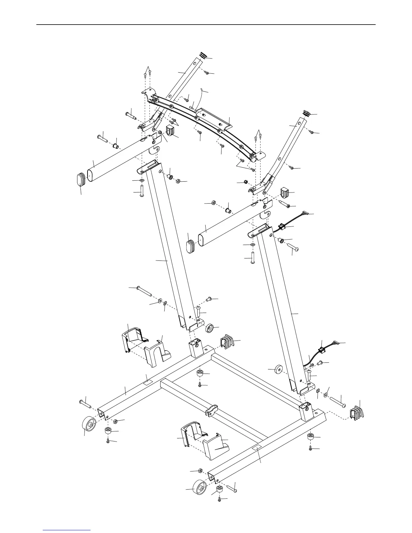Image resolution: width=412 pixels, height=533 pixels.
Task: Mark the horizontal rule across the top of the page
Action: point(206,24)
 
